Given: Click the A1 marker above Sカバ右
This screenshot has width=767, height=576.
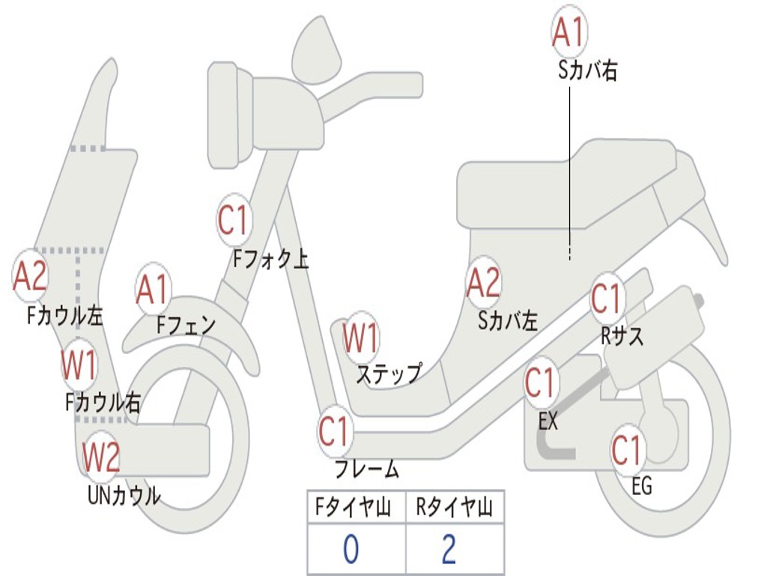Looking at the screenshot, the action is pyautogui.click(x=568, y=31).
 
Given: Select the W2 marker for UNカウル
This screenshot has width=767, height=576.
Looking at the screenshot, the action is pyautogui.click(x=100, y=457).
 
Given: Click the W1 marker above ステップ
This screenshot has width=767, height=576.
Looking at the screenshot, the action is pyautogui.click(x=360, y=338).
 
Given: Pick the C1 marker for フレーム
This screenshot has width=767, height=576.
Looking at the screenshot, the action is pyautogui.click(x=334, y=432).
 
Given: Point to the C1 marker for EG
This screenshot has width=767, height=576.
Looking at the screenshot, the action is pyautogui.click(x=627, y=450).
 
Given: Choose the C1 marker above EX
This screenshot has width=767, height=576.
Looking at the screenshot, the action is pyautogui.click(x=540, y=383).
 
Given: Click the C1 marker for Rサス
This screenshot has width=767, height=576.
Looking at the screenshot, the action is pyautogui.click(x=607, y=299).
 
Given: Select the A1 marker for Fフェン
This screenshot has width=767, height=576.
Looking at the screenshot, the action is pyautogui.click(x=153, y=290).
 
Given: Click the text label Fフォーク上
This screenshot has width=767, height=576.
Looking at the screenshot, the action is pyautogui.click(x=270, y=259).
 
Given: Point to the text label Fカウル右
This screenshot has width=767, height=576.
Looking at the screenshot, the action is pyautogui.click(x=103, y=403).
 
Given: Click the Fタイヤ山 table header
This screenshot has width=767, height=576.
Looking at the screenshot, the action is pyautogui.click(x=356, y=509).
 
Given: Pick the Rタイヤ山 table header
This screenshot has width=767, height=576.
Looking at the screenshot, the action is pyautogui.click(x=454, y=509).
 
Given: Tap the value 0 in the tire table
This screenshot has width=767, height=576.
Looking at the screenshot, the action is pyautogui.click(x=351, y=550).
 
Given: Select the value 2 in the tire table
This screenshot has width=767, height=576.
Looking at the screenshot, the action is pyautogui.click(x=449, y=550).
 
